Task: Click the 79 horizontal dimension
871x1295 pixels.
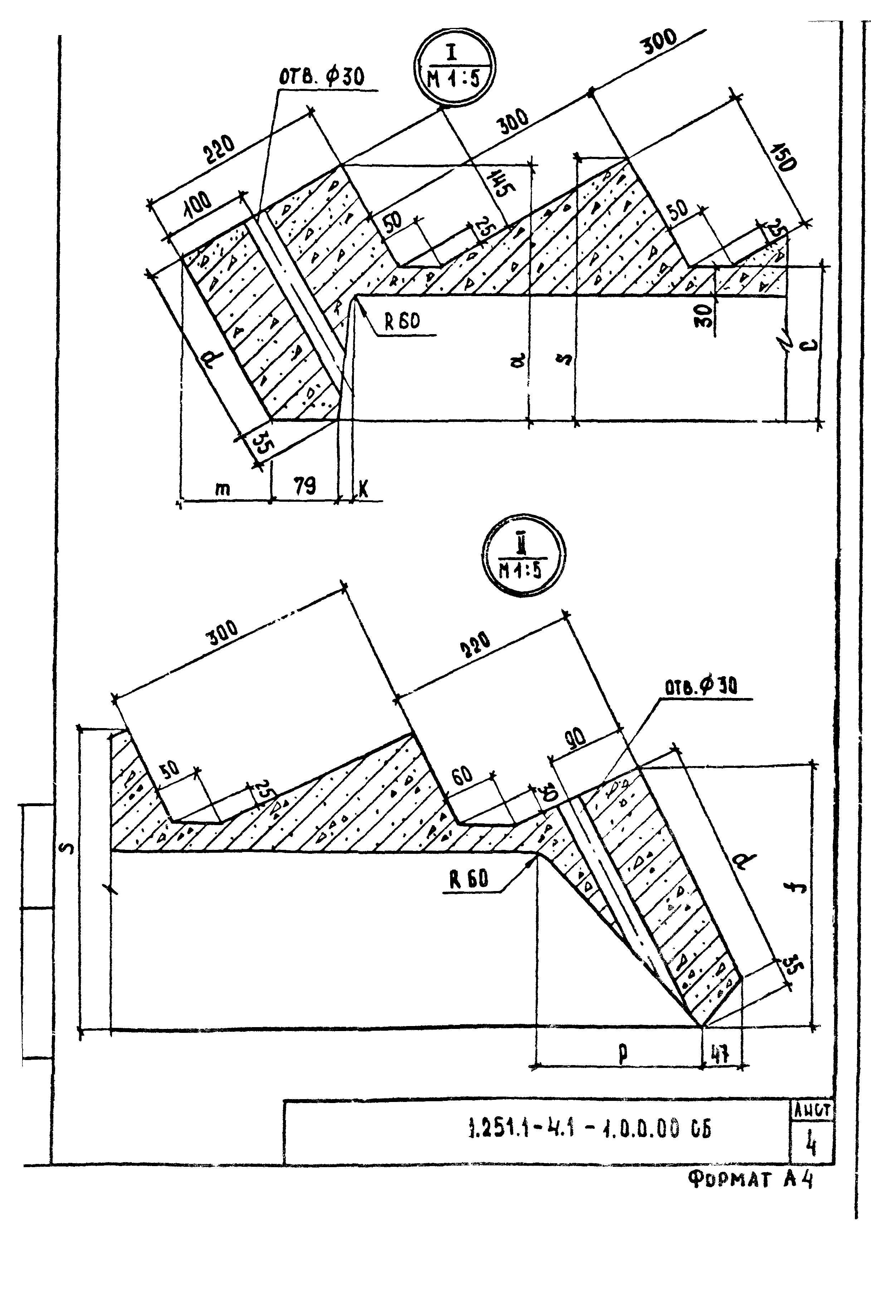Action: coord(305,487)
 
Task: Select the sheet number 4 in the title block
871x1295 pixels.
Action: coord(811,1146)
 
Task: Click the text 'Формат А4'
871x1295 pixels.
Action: coord(750,1179)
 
